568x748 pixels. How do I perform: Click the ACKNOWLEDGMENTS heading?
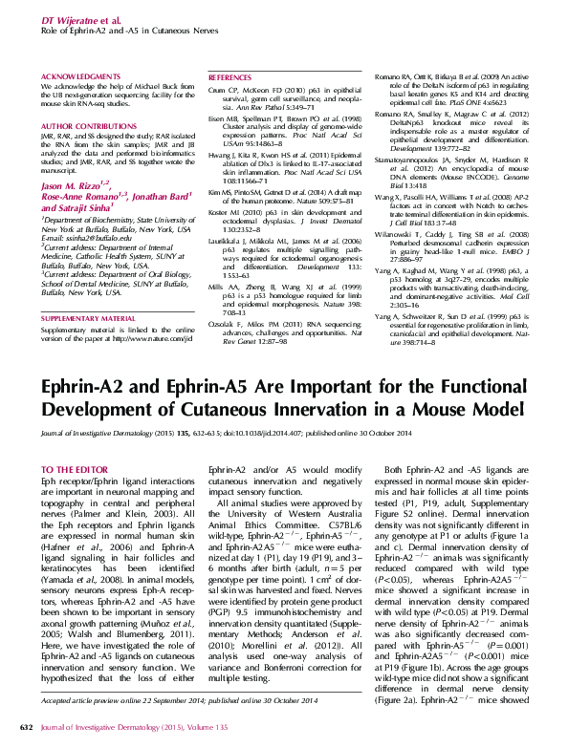[x=80, y=75]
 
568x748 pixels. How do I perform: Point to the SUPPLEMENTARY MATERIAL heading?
[x=88, y=316]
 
